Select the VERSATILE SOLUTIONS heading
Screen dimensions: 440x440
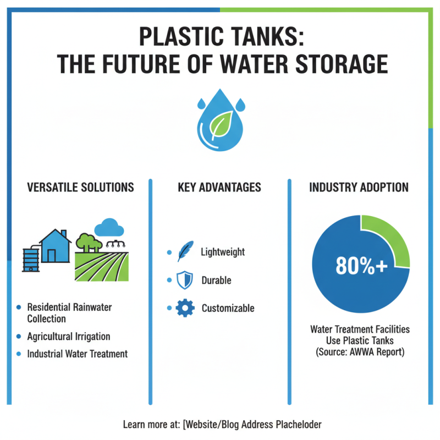pyautogui.click(x=80, y=188)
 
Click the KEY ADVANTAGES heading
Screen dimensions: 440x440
pyautogui.click(x=219, y=188)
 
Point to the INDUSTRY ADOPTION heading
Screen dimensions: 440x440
pyautogui.click(x=359, y=188)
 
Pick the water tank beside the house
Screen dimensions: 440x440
pyautogui.click(x=30, y=257)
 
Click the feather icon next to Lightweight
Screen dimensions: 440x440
pyautogui.click(x=185, y=251)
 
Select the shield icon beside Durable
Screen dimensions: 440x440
pyautogui.click(x=185, y=280)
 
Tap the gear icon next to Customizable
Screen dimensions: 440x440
pyautogui.click(x=185, y=308)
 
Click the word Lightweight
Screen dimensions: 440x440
pyautogui.click(x=223, y=252)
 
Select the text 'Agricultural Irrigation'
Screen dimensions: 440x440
pyautogui.click(x=69, y=337)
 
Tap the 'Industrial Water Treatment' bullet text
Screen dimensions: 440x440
pyautogui.click(x=78, y=354)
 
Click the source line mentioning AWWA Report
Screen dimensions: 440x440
pyautogui.click(x=360, y=351)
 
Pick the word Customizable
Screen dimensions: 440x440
pyautogui.click(x=228, y=308)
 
